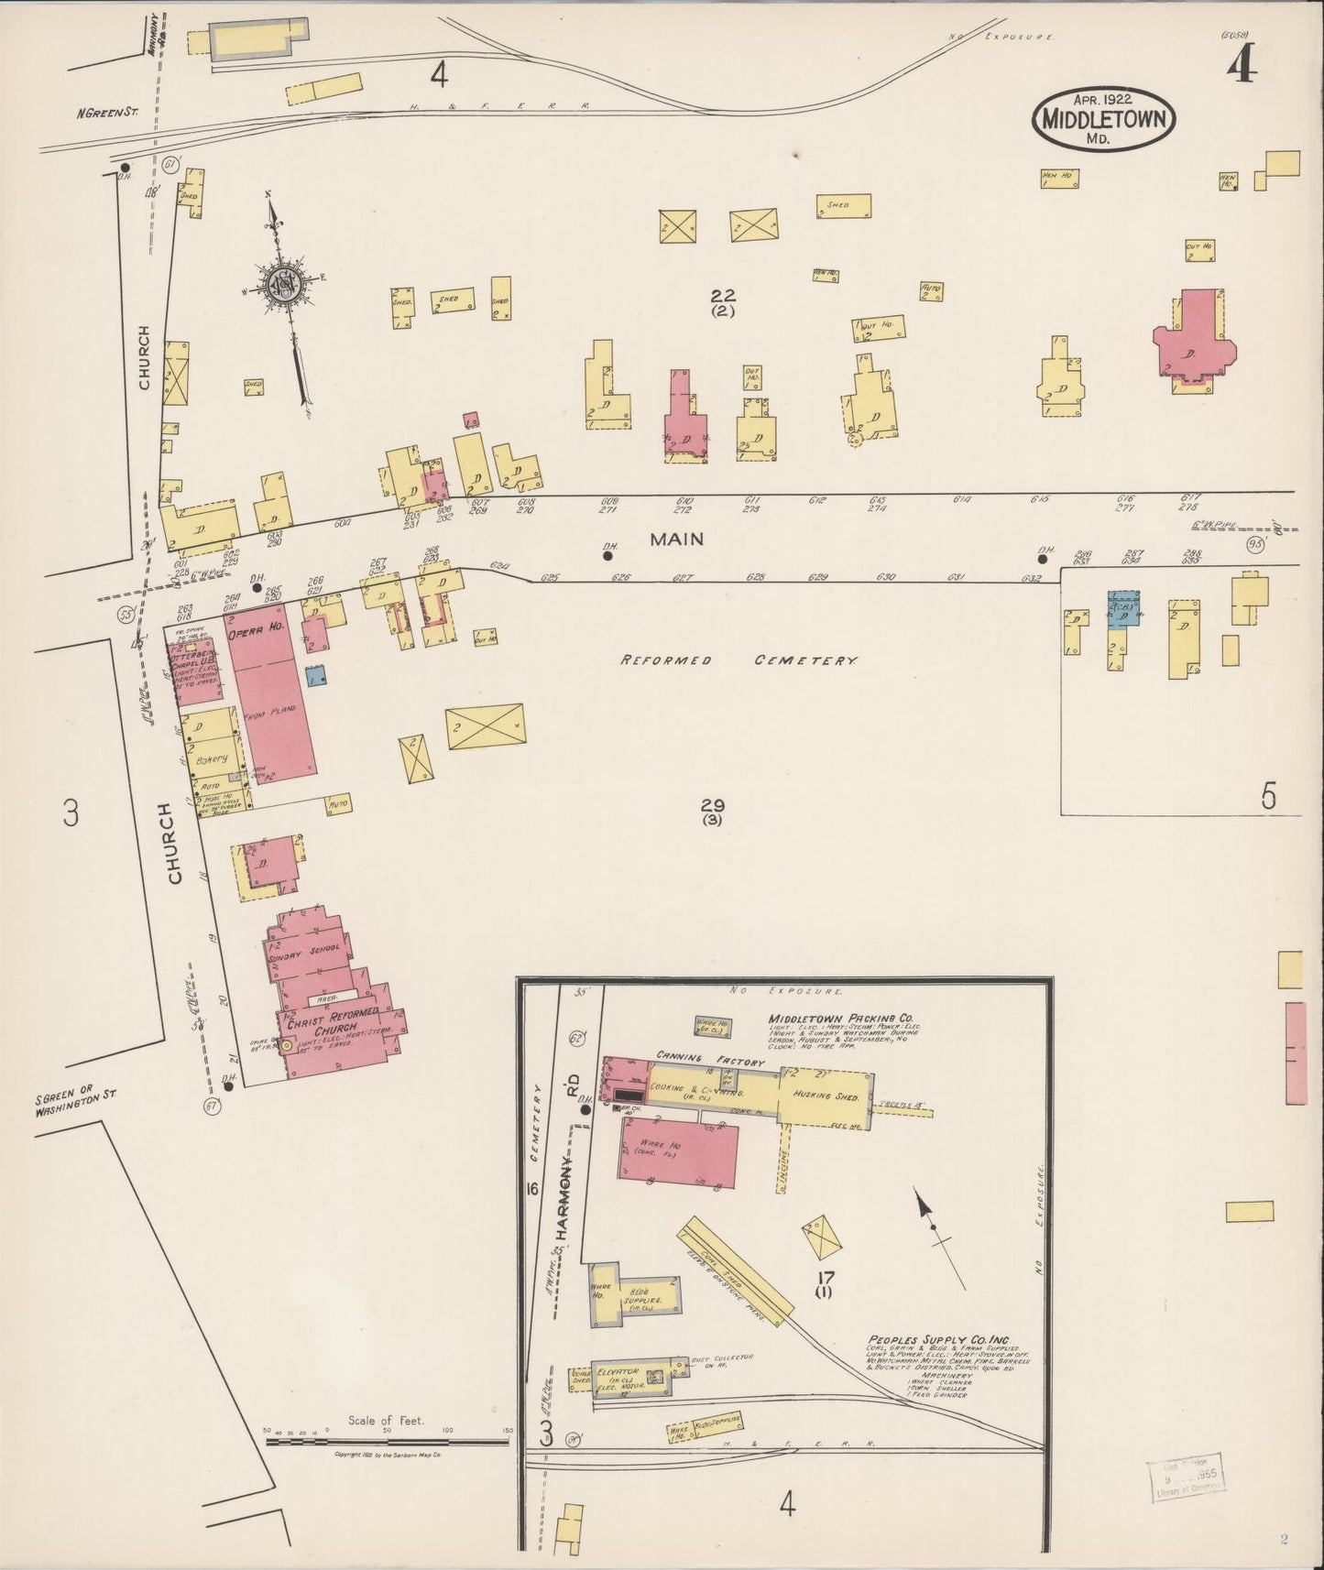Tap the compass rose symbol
click(x=291, y=283)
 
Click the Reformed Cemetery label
click(x=739, y=660)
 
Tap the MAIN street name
click(x=676, y=540)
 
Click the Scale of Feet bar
click(x=386, y=1442)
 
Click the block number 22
click(x=723, y=295)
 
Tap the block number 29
click(x=713, y=805)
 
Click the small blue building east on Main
click(x=1122, y=608)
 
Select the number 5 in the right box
click(x=1267, y=797)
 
